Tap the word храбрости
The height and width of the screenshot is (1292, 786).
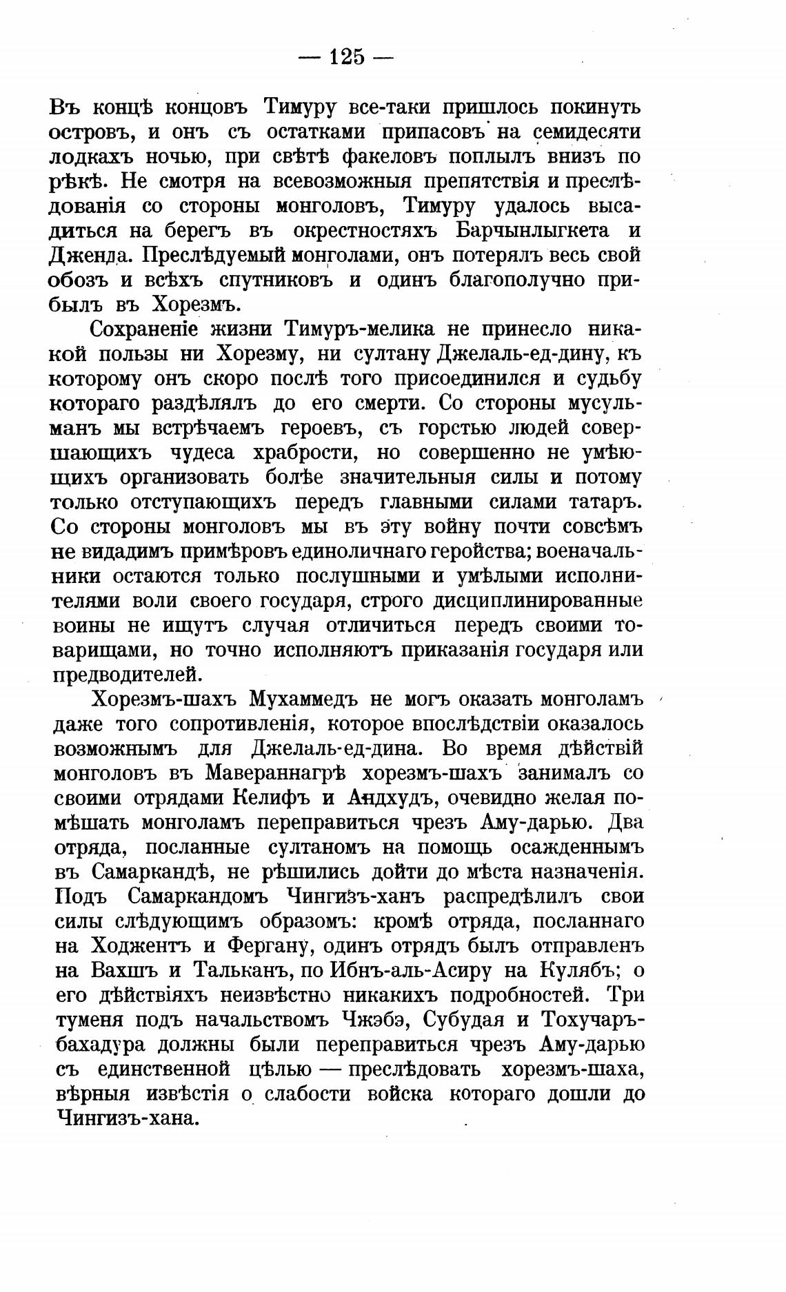click(305, 453)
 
